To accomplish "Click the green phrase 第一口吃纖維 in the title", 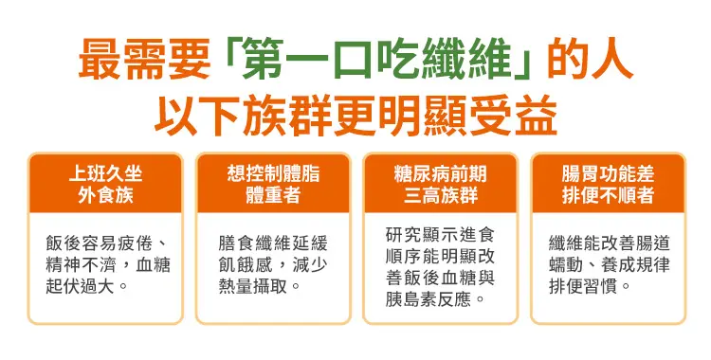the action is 379,61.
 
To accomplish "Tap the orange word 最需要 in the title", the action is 144,61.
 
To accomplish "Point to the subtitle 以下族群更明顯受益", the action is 355,116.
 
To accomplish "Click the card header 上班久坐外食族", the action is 105,184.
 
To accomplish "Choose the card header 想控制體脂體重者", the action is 273,184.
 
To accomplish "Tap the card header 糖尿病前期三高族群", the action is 440,184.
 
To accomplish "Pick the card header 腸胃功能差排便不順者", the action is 608,184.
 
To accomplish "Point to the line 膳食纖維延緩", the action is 273,243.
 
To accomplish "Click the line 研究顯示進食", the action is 440,234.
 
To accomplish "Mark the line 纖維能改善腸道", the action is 609,243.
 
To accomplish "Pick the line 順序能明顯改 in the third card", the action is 440,256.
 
